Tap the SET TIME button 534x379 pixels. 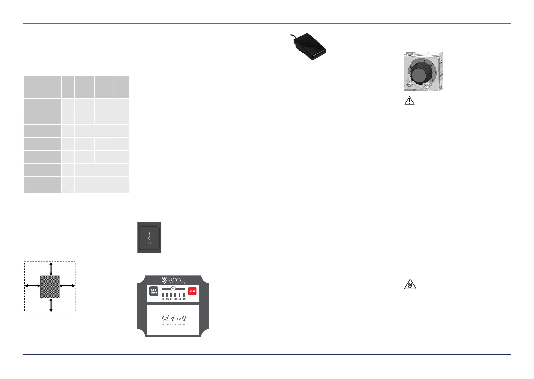(x=154, y=291)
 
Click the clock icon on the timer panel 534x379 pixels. (x=173, y=289)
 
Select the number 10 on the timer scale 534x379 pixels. (x=163, y=299)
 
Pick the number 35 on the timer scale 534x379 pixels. (x=184, y=299)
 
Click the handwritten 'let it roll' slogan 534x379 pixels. (x=173, y=318)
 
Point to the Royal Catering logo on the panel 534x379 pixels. (x=173, y=280)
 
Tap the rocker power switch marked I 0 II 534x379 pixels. (x=149, y=238)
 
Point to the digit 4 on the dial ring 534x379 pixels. (x=432, y=81)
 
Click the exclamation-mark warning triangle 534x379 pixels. (x=410, y=101)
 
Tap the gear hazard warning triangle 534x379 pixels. (x=410, y=284)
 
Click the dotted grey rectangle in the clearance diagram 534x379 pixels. (x=50, y=287)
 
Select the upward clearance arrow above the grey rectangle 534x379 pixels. (x=51, y=269)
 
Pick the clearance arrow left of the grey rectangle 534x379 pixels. (x=32, y=286)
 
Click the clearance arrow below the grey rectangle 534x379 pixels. (x=51, y=305)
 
